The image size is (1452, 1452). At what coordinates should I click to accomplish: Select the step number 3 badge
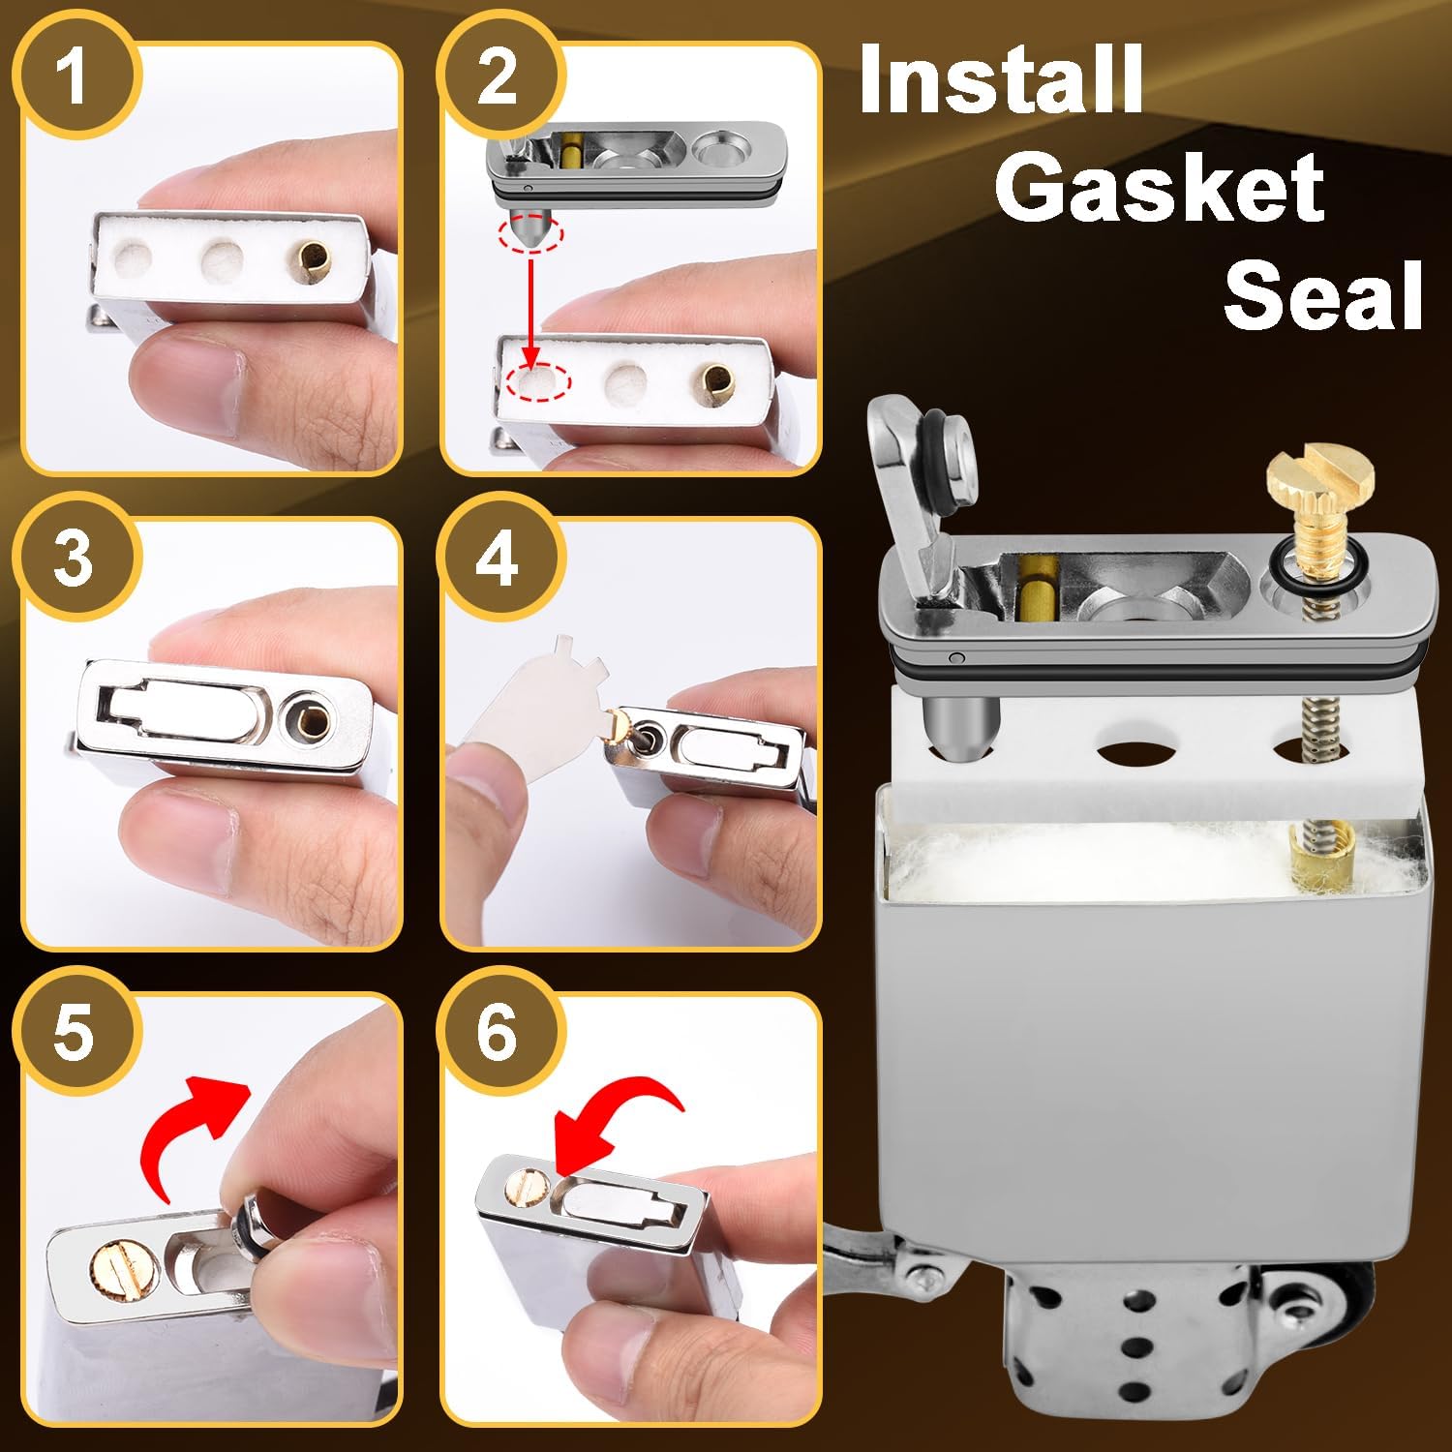(75, 559)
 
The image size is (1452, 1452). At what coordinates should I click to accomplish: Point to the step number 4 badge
(498, 559)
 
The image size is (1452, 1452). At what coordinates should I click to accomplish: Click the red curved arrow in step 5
(194, 1113)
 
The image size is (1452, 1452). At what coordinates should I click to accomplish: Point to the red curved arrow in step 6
(610, 1113)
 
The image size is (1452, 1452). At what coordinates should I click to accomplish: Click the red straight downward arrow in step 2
(530, 310)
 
